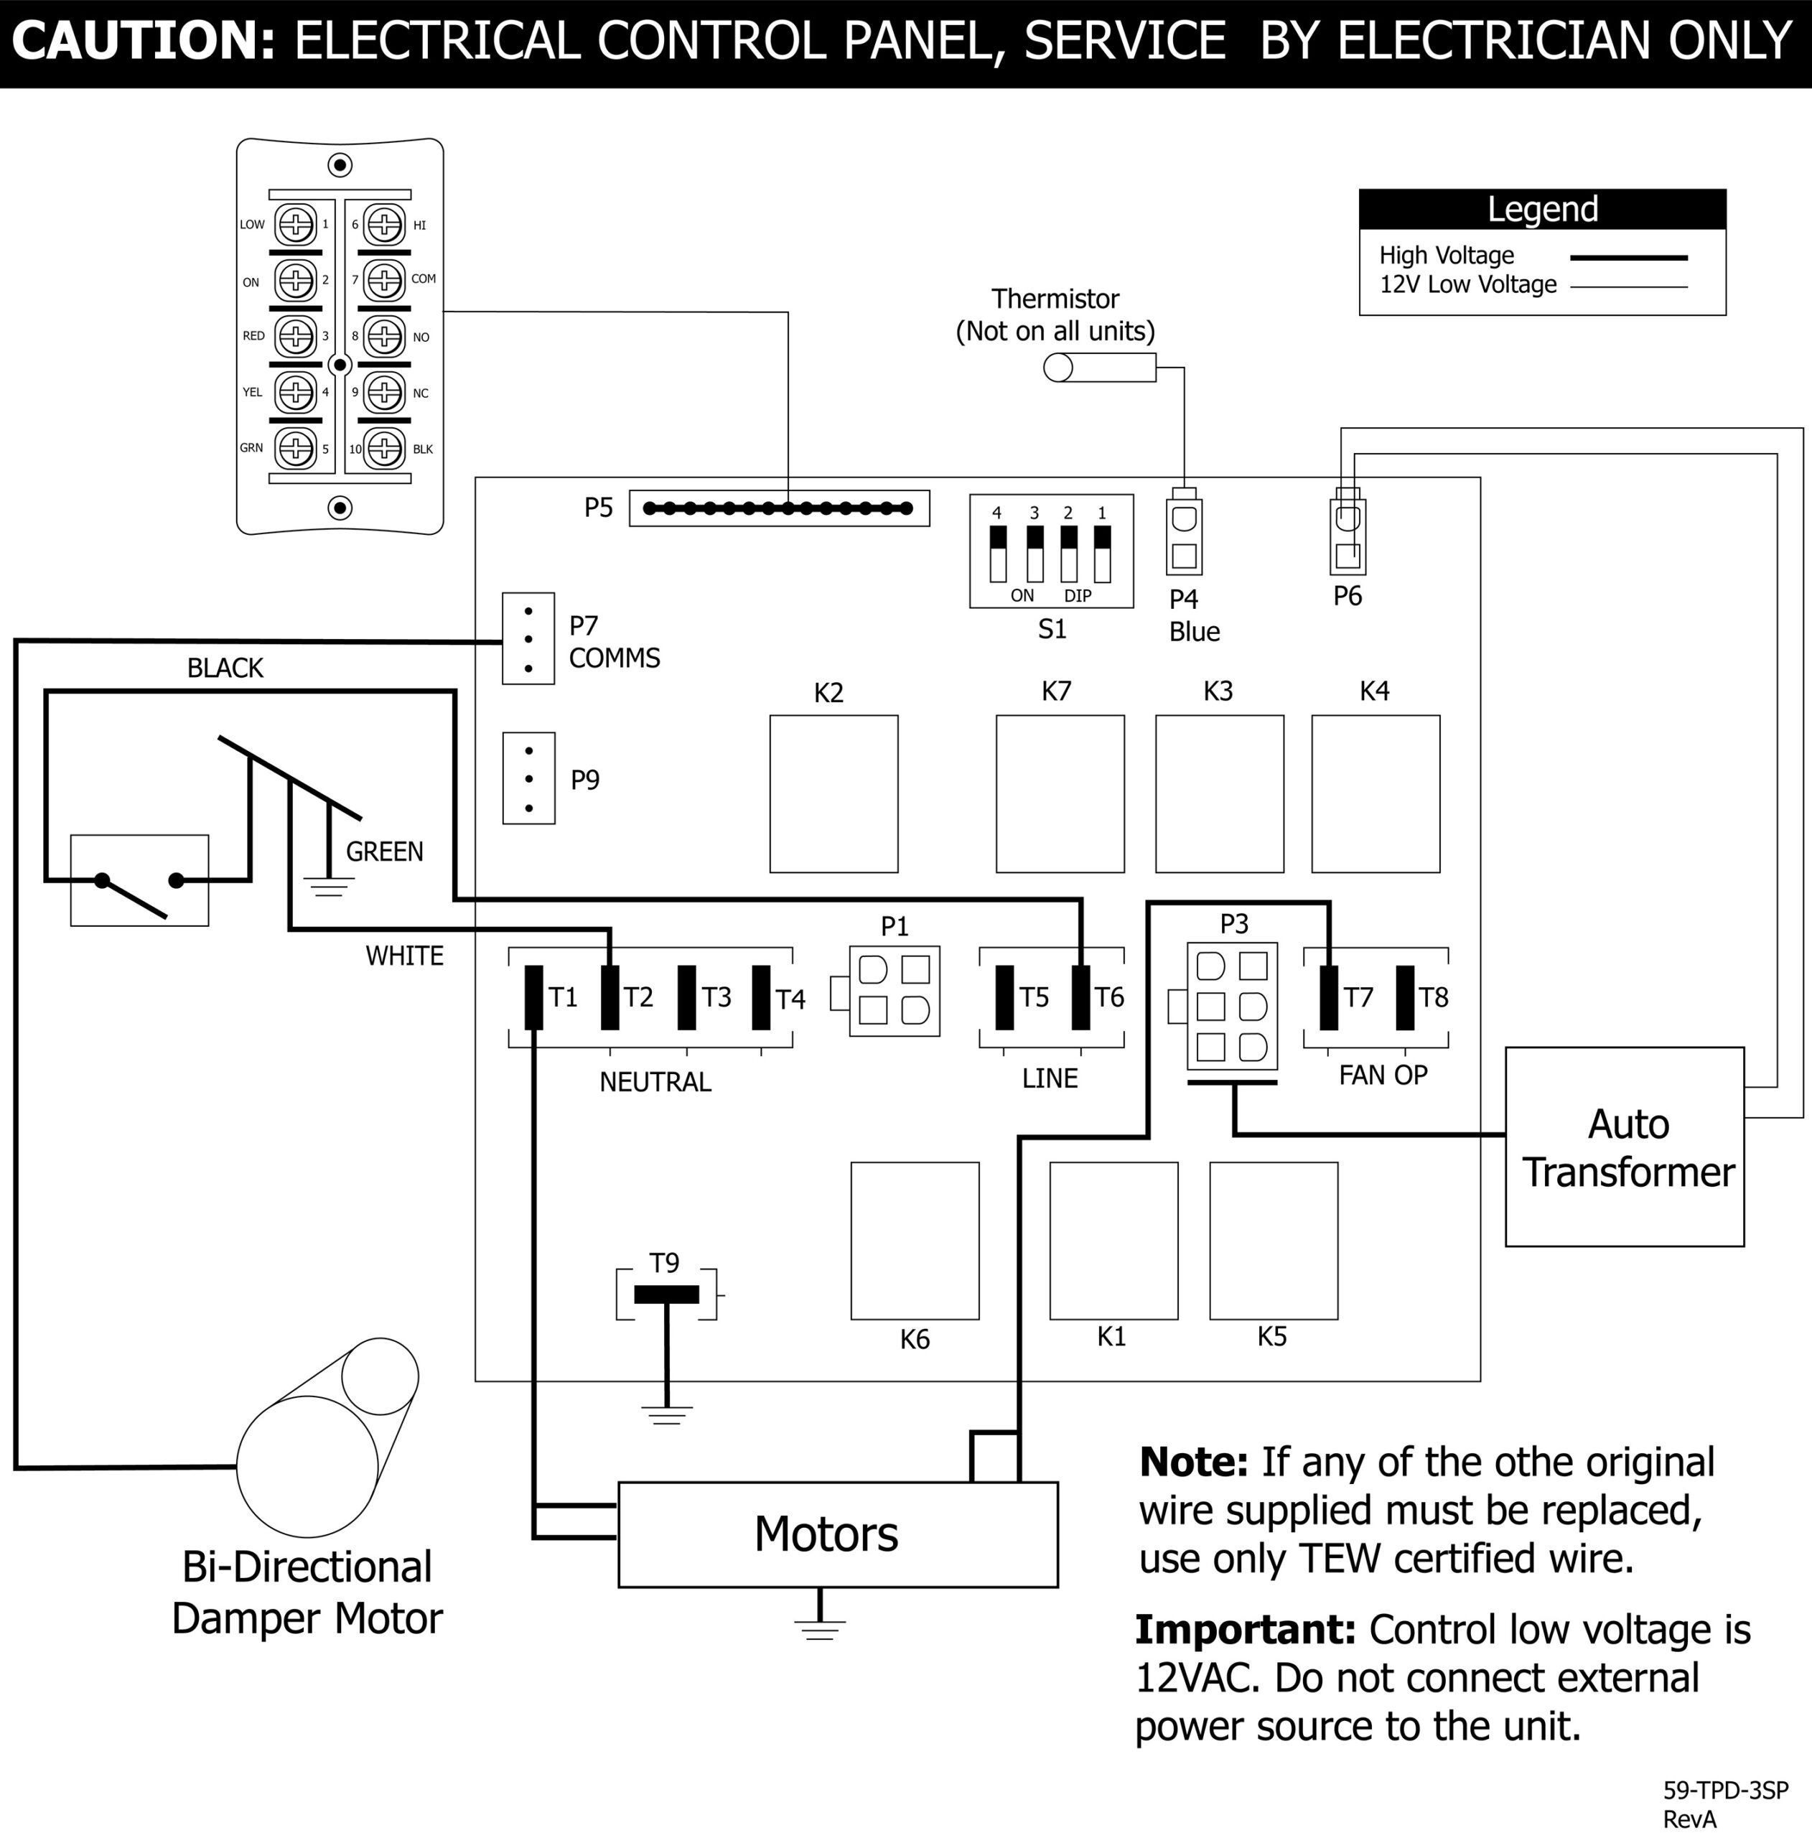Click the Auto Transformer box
1624,1147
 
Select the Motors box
837,1534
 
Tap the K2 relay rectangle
833,793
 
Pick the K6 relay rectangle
914,1241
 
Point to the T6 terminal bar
1080,997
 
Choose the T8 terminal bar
1405,997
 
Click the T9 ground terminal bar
666,1294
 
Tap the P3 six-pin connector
1232,1006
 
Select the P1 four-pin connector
894,990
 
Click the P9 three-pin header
529,778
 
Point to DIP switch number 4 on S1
998,553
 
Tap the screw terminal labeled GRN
296,447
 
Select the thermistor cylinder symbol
1100,367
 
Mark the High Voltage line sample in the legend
1628,257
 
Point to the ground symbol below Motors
819,1631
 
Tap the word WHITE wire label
404,955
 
